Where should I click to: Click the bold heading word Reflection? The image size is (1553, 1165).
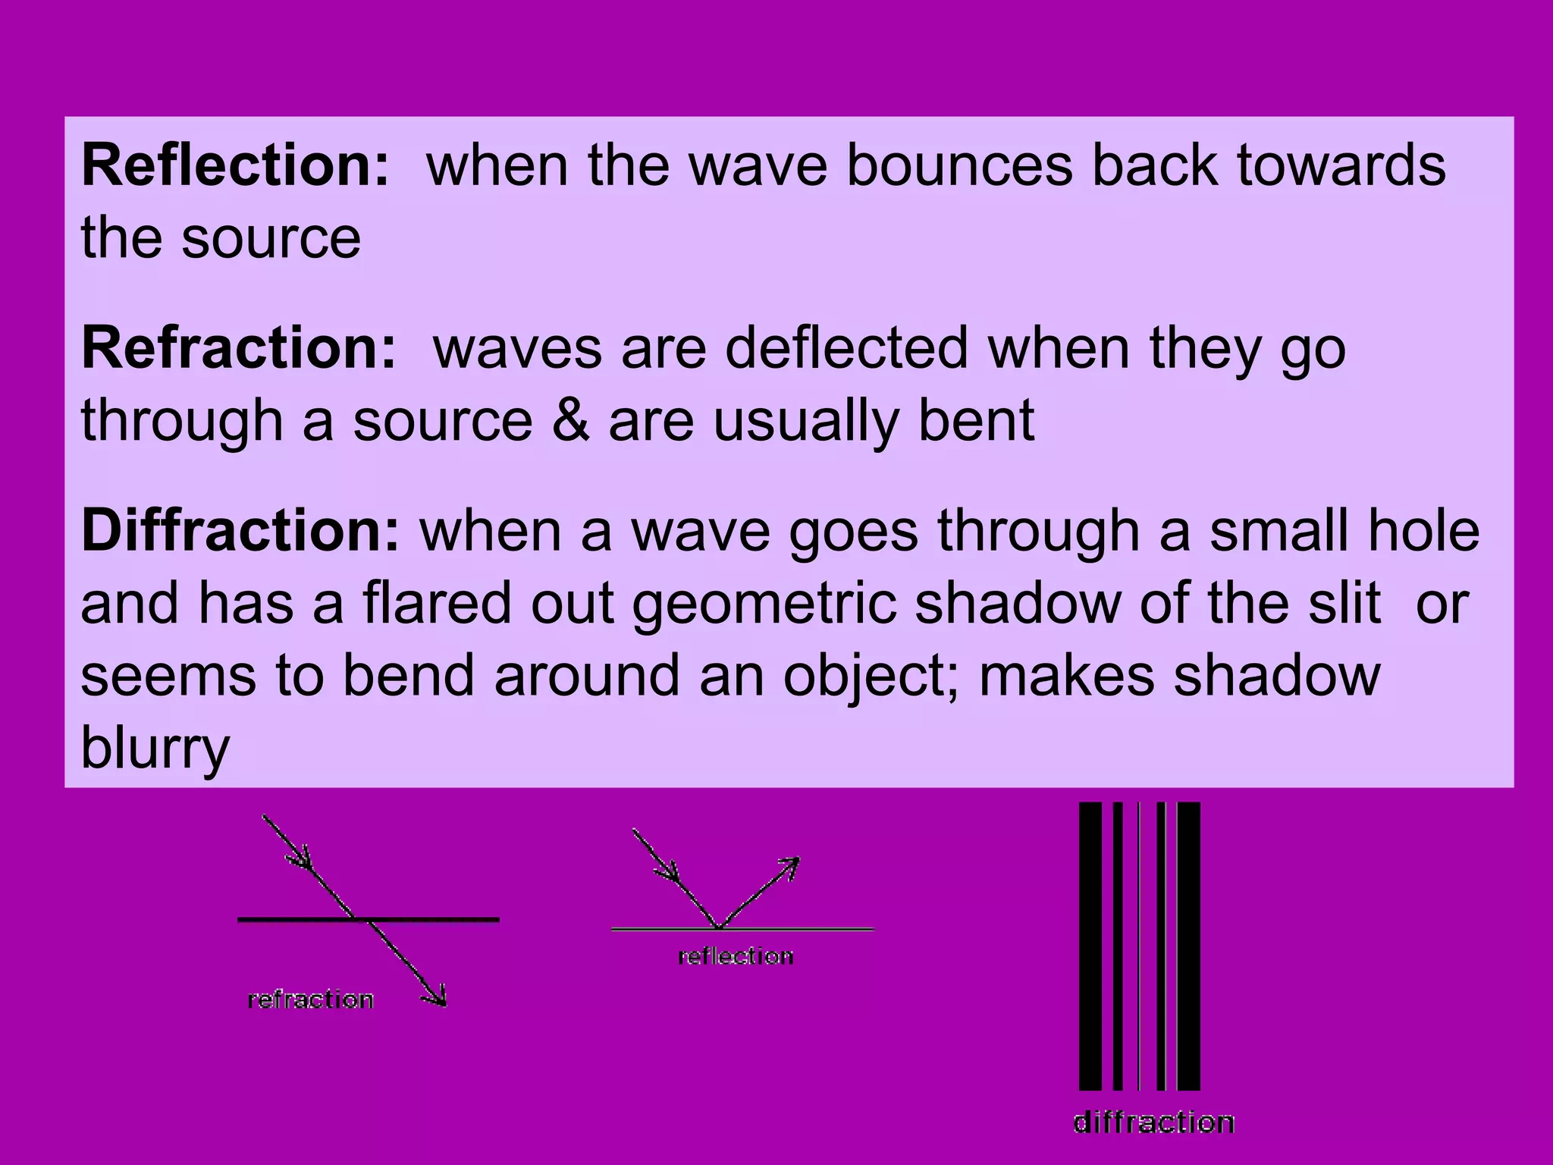tap(235, 165)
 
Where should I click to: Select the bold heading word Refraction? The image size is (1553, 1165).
tap(239, 348)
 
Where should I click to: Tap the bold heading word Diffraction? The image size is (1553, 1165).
tap(240, 531)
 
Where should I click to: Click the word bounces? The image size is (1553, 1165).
tap(958, 165)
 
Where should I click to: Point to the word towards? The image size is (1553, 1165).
tap(1341, 165)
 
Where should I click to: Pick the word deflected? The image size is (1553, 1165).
tap(846, 348)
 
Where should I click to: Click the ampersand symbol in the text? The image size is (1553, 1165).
tap(570, 421)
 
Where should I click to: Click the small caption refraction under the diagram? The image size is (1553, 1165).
tap(311, 1000)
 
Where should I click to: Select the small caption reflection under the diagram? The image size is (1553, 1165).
tap(736, 956)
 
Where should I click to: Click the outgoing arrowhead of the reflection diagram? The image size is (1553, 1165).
tap(791, 865)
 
